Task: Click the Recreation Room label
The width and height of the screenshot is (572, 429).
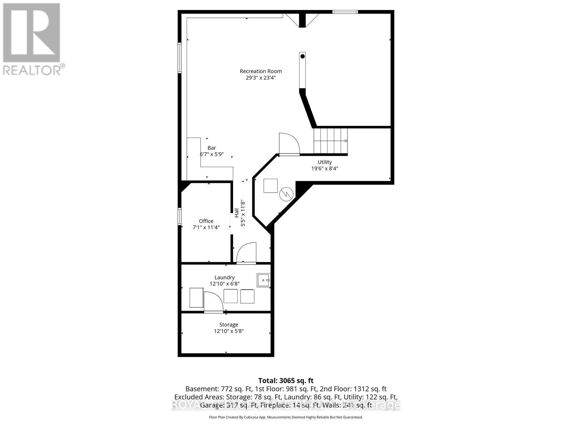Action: click(261, 71)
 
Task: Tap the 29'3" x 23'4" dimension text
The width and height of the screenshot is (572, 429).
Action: click(261, 78)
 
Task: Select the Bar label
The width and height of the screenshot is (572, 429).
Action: click(212, 148)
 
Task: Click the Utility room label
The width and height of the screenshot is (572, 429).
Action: click(325, 162)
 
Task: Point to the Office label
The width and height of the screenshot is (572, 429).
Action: click(206, 221)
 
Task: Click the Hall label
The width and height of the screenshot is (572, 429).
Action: click(237, 213)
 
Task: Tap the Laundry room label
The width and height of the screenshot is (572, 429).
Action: click(225, 277)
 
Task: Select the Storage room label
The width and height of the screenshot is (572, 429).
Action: click(228, 325)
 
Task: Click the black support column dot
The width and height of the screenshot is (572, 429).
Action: click(302, 56)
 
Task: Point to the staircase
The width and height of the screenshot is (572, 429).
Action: click(330, 140)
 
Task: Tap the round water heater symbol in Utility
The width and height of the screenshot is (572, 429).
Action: click(286, 194)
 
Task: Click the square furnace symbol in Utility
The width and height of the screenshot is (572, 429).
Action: click(270, 186)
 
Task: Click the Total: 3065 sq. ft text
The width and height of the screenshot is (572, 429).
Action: click(286, 381)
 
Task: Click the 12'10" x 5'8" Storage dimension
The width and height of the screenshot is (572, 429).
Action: click(228, 331)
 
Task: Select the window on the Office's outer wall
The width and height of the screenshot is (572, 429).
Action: click(180, 217)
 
